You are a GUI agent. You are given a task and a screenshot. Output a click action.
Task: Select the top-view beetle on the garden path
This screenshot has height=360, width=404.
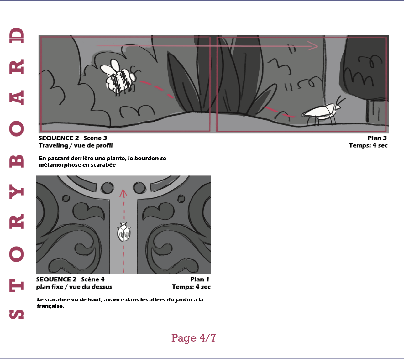[123, 232]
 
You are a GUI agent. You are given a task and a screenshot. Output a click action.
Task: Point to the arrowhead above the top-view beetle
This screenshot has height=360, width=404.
[123, 193]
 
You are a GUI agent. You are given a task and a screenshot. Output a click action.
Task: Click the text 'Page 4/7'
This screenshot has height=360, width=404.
[193, 338]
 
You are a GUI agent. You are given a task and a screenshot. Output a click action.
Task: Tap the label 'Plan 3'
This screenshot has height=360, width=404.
[377, 138]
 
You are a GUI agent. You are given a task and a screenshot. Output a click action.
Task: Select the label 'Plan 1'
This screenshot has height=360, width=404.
[200, 279]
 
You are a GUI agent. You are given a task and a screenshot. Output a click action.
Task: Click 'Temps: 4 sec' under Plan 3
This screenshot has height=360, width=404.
[368, 145]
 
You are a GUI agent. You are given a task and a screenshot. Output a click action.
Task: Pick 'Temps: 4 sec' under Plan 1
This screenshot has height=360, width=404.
[191, 287]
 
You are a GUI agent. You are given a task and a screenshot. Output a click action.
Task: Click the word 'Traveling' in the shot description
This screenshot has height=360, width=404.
[53, 145]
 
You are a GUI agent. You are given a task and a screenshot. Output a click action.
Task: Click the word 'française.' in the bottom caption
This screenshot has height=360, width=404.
[50, 306]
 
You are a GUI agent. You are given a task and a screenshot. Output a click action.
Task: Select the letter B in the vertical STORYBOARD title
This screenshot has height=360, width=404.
[16, 161]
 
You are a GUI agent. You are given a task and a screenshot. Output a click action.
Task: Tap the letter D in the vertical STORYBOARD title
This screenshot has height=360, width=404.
[16, 35]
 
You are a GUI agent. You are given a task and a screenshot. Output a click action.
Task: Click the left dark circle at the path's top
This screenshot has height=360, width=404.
[107, 188]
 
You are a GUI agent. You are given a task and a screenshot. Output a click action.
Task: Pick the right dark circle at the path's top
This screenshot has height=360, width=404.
[139, 188]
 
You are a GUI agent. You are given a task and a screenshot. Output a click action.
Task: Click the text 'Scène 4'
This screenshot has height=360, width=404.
[93, 279]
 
